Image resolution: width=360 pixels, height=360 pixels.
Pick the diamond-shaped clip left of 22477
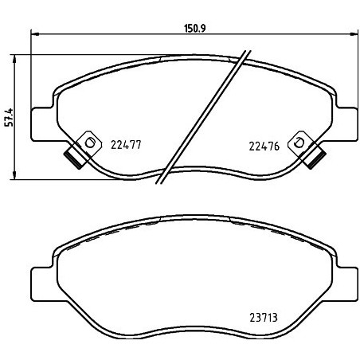(89, 142)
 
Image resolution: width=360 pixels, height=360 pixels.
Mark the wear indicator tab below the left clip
(73, 157)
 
